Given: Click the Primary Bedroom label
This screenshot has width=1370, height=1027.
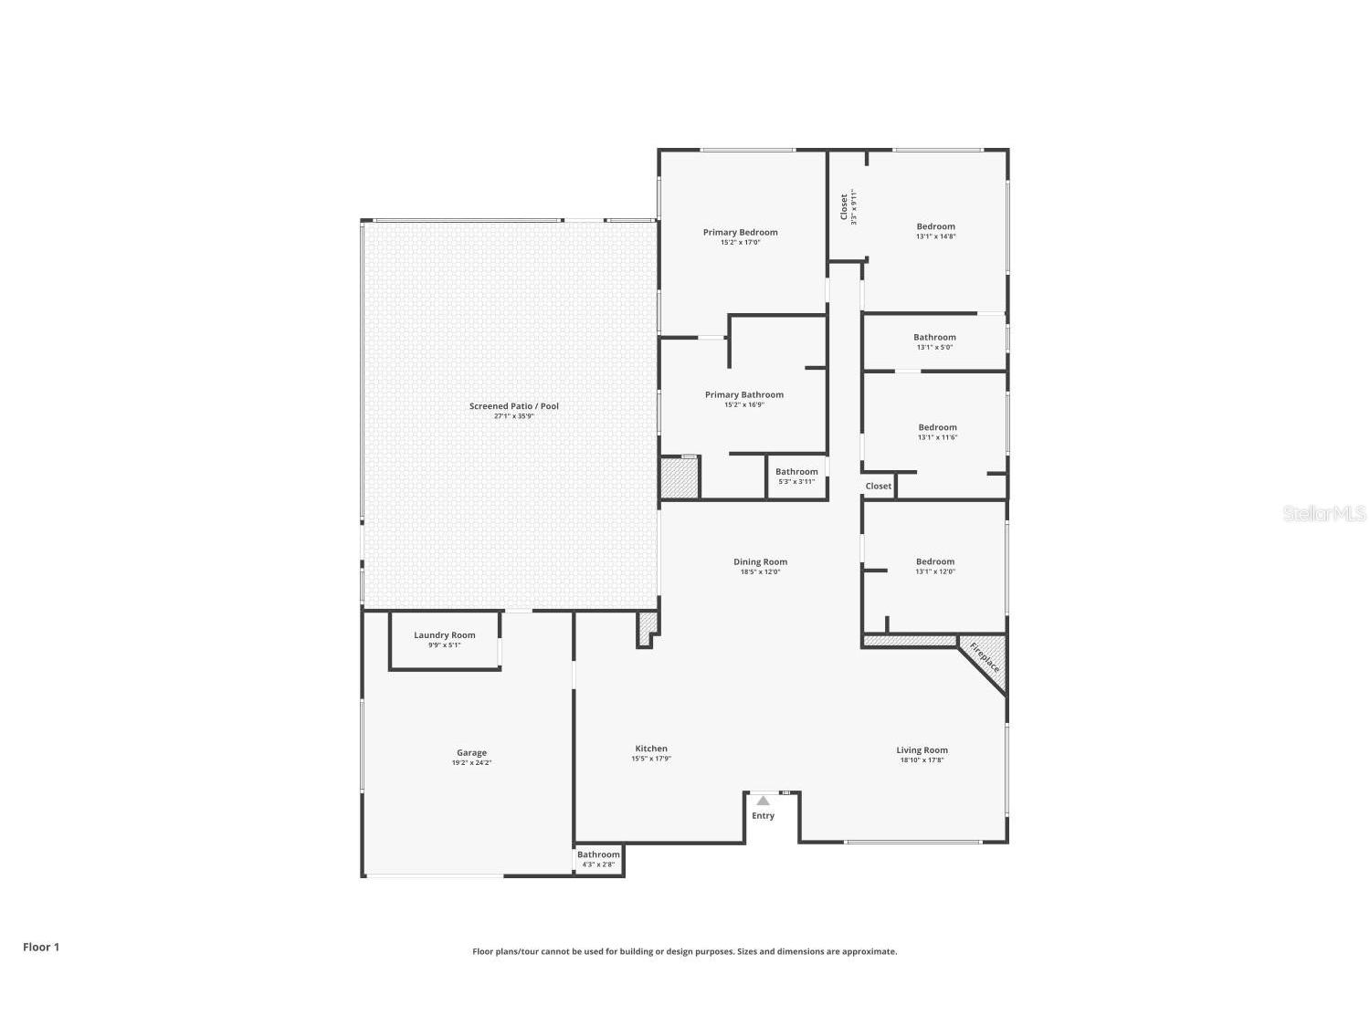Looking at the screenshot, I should (740, 233).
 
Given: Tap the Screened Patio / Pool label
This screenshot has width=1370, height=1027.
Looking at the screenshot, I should (513, 406).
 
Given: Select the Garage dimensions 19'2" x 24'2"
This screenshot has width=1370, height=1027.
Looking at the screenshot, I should (471, 763).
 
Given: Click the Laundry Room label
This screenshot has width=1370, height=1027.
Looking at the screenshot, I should (444, 635).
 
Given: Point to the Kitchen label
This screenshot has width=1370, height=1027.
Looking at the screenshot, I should (651, 749).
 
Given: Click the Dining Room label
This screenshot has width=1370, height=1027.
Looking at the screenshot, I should (760, 562).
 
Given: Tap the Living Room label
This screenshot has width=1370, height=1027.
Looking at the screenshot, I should (922, 750).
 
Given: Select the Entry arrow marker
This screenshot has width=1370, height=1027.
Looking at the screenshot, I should (763, 801).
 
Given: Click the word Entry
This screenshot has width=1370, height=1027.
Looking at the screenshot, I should (763, 816).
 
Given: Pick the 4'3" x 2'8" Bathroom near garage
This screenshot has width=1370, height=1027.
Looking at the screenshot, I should (598, 859).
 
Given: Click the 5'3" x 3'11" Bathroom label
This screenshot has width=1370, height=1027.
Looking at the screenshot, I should (796, 476).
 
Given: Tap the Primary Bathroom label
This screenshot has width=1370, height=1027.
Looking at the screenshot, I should (743, 395).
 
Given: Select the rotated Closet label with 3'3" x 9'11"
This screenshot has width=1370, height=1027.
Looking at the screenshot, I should (847, 206).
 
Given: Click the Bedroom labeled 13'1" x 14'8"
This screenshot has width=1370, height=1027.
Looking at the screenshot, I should (935, 231).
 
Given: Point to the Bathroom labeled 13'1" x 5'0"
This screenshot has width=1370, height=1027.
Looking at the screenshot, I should (934, 341).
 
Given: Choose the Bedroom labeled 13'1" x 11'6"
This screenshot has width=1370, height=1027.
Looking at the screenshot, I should (937, 432).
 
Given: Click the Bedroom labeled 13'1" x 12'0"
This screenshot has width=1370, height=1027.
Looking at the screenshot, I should (934, 566).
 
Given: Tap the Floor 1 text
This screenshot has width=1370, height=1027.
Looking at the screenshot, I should (41, 948).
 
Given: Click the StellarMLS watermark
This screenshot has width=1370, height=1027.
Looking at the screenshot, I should (1323, 514).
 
